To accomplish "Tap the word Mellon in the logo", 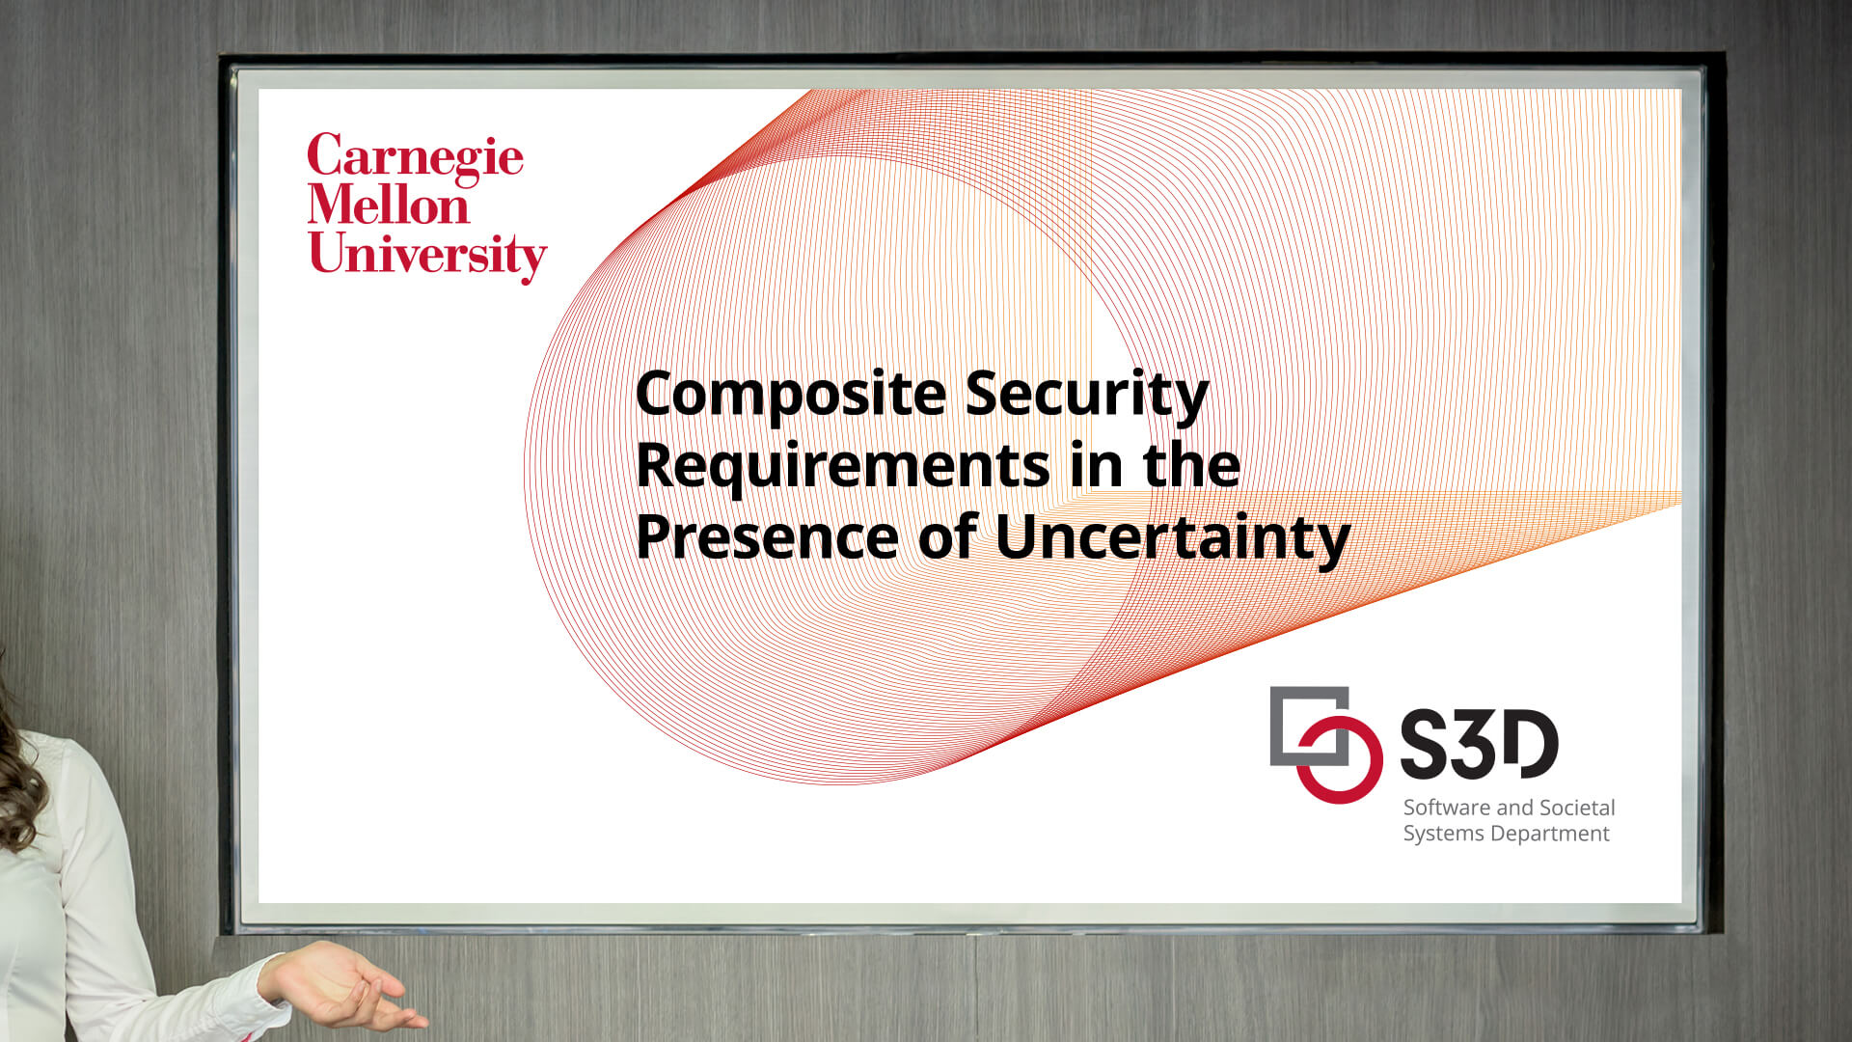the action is [x=389, y=205].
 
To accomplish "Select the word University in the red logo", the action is [x=427, y=256].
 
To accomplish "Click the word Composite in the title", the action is [x=791, y=396].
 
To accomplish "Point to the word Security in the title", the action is [x=1087, y=396].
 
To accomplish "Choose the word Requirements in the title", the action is [x=843, y=466].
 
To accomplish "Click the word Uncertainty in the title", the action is [x=1173, y=538].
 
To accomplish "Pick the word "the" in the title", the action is [x=1192, y=464].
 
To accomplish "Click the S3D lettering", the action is [x=1479, y=744].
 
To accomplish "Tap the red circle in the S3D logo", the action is [x=1339, y=759].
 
